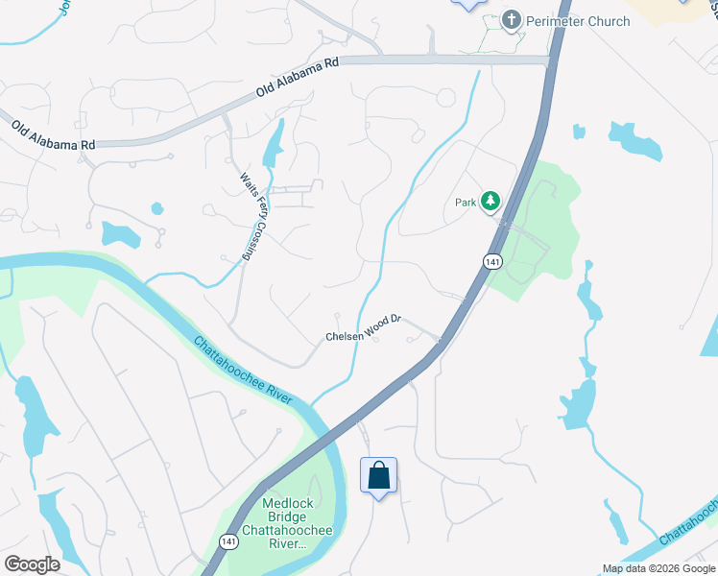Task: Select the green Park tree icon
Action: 491,201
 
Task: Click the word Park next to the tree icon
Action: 466,203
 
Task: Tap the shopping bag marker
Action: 378,475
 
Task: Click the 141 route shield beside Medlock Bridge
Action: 227,542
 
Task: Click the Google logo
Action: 32,564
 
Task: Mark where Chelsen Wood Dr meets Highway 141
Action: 441,341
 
